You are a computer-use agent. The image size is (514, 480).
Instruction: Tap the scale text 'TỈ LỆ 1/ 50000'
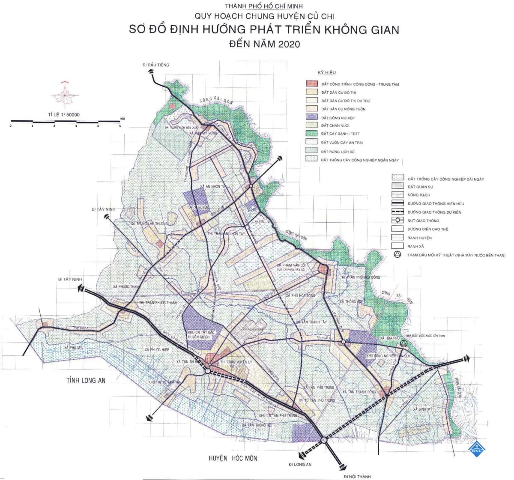coord(64,115)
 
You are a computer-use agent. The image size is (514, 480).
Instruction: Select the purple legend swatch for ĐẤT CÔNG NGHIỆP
coord(312,118)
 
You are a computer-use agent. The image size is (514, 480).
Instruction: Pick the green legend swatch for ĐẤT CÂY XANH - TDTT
coord(312,134)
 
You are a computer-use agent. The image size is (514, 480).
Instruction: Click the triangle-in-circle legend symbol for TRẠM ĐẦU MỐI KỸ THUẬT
coord(397,255)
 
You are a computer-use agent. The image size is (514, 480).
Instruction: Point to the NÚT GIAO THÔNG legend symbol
coord(397,221)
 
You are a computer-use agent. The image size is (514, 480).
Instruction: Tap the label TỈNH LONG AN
coord(86,380)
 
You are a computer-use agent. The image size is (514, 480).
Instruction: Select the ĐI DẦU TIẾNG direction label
coord(156,65)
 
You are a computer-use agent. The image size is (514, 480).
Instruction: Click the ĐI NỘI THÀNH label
coord(357,476)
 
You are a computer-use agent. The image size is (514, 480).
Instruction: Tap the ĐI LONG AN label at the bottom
coord(300,465)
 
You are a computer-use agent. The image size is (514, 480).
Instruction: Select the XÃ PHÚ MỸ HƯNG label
coord(203,134)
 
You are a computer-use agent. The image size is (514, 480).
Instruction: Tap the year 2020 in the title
coord(289,45)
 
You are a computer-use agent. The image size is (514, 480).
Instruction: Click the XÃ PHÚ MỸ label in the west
coord(73,348)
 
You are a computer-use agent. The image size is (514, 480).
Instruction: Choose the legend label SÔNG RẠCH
coord(418,195)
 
